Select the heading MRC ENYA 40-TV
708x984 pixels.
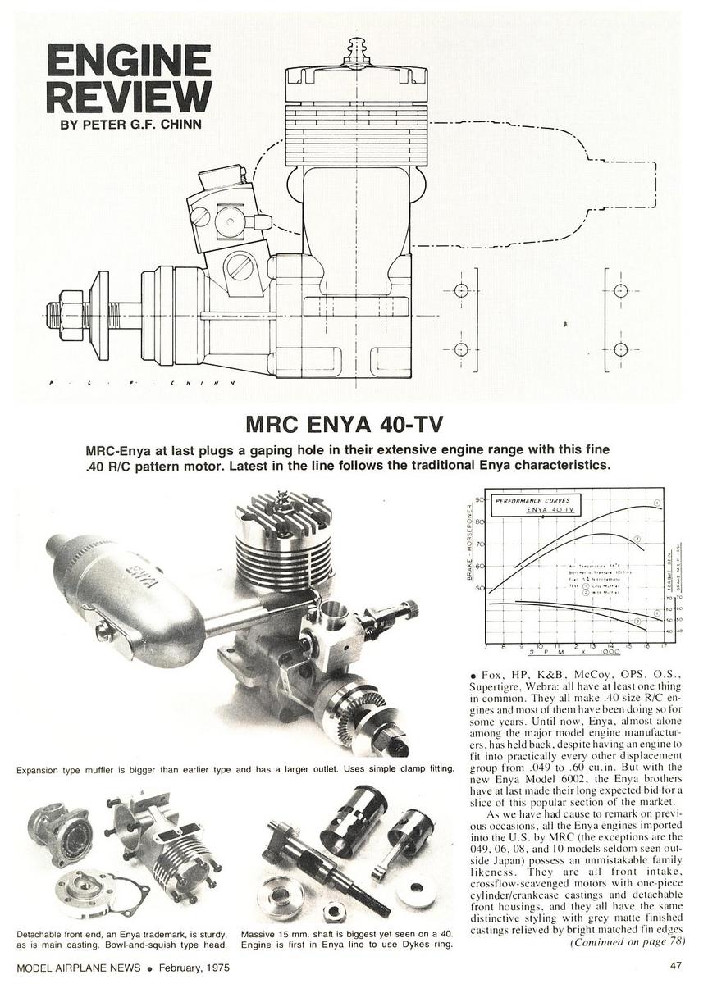click(x=353, y=426)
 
